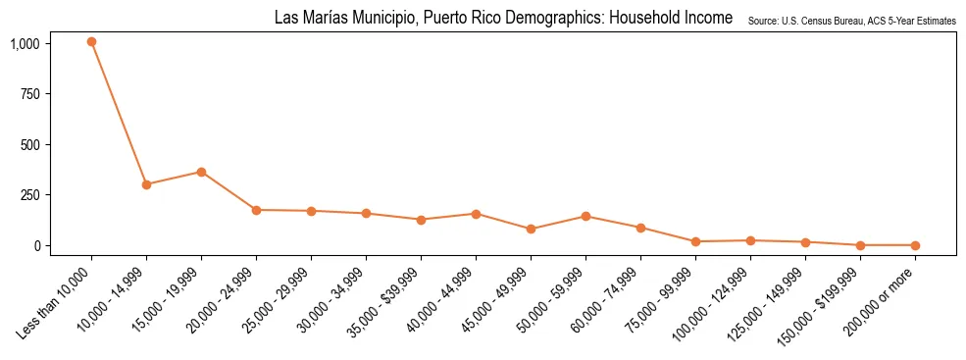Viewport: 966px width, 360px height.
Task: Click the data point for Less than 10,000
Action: pos(91,42)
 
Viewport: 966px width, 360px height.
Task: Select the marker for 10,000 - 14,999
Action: pos(146,184)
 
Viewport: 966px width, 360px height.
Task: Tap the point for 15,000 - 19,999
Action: pos(201,172)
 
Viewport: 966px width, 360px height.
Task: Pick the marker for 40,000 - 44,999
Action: pos(476,214)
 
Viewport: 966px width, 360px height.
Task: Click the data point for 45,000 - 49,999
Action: pos(531,230)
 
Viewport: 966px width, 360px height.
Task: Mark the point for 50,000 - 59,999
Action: pos(585,216)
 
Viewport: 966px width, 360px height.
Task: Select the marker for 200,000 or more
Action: pos(915,245)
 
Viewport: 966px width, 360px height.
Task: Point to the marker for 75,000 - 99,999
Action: pos(695,241)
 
